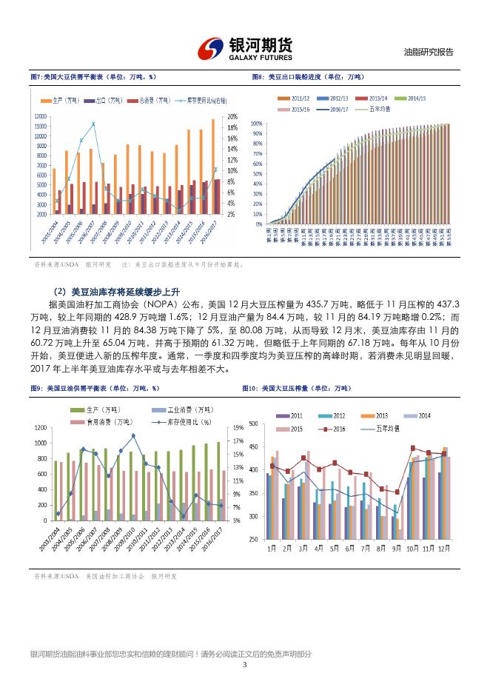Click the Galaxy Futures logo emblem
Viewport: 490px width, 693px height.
(x=212, y=48)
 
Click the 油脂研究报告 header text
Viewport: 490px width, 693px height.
(x=428, y=53)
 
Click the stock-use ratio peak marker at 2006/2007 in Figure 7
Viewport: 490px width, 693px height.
(x=93, y=124)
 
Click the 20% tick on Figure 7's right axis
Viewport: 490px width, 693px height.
(x=232, y=117)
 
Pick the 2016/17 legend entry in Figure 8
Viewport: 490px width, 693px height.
(x=342, y=108)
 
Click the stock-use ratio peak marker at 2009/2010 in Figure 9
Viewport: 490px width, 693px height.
(x=132, y=436)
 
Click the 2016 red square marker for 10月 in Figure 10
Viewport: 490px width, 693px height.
(x=412, y=448)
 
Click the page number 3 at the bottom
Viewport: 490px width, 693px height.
(x=244, y=664)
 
